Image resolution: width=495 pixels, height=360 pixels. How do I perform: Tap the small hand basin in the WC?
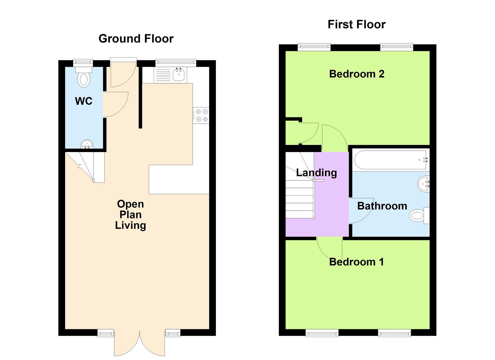(x=87, y=144)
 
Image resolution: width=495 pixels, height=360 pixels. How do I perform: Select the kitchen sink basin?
(x=179, y=74)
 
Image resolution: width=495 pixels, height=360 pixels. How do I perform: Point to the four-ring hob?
(x=201, y=115)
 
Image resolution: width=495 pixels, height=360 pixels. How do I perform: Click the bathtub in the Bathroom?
(x=390, y=160)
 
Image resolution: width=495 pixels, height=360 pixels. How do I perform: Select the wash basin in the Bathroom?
(x=424, y=184)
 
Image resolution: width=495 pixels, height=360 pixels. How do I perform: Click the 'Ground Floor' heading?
(x=136, y=39)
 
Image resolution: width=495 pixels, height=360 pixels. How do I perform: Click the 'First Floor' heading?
(x=356, y=24)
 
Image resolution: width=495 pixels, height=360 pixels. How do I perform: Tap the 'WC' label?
(x=84, y=101)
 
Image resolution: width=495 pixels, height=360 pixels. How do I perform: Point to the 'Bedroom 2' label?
(x=357, y=74)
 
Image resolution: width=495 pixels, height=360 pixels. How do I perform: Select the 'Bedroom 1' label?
(x=356, y=262)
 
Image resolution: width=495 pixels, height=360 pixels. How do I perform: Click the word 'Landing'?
(x=316, y=173)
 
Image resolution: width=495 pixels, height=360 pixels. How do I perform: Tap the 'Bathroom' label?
(x=382, y=206)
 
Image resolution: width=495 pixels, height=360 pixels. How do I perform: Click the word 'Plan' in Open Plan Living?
(x=130, y=215)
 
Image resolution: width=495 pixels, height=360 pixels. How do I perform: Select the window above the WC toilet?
(x=83, y=63)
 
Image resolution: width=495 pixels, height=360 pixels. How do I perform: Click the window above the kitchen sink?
(x=176, y=63)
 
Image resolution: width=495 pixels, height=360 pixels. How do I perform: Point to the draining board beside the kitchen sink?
(x=163, y=75)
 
